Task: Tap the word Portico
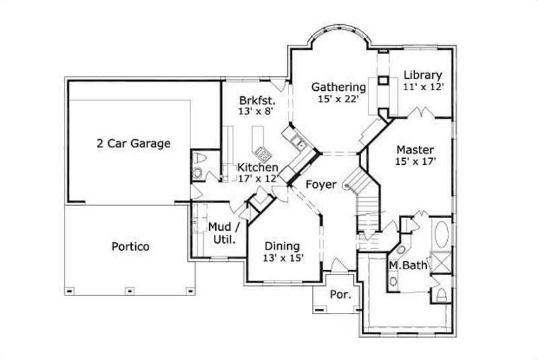click(130, 246)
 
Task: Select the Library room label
click(423, 75)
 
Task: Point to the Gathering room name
click(338, 87)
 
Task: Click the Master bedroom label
click(414, 149)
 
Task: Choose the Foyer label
click(321, 184)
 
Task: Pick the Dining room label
click(282, 246)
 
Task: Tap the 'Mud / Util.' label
click(221, 232)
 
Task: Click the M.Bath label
click(408, 266)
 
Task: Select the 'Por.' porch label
click(336, 295)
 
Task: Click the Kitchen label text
click(258, 167)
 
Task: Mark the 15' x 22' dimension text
click(338, 99)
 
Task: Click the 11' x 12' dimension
click(423, 87)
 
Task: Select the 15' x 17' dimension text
click(414, 161)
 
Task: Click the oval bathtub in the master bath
click(442, 235)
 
